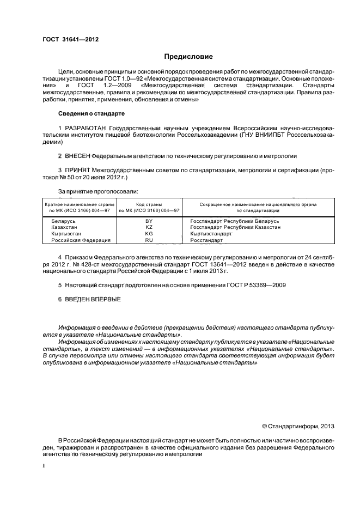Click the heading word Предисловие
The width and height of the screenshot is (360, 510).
(189, 57)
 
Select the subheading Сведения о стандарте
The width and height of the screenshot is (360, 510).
(91, 113)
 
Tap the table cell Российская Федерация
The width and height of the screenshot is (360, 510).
(81, 240)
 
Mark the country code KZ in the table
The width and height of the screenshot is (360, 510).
(149, 228)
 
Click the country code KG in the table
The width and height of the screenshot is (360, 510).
(149, 234)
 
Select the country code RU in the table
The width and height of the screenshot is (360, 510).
(149, 240)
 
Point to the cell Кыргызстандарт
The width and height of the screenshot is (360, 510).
(211, 234)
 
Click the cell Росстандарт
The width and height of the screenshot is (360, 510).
(206, 240)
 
